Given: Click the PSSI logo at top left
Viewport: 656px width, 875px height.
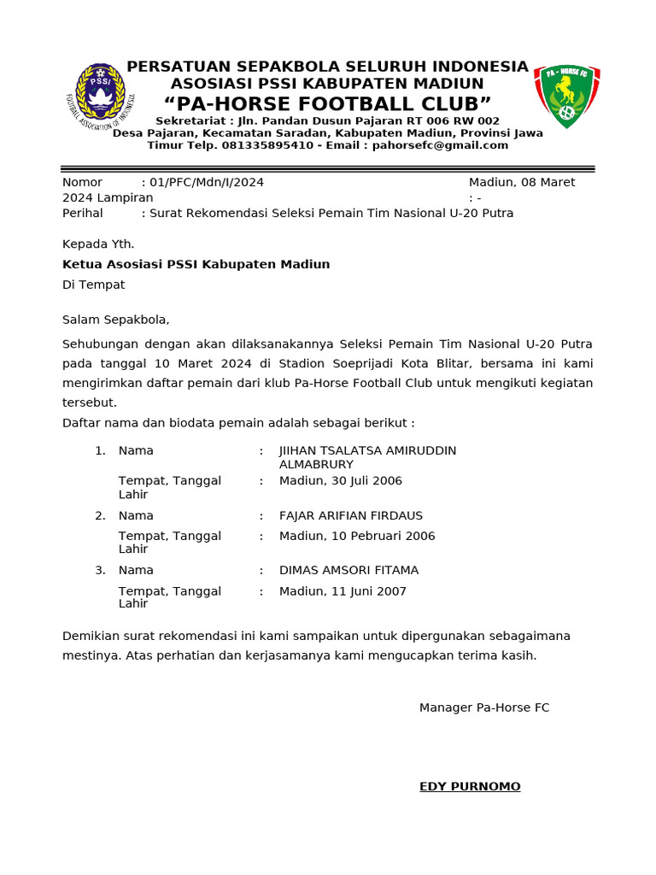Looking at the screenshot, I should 101,97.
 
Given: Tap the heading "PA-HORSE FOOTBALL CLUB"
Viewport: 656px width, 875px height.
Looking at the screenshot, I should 327,104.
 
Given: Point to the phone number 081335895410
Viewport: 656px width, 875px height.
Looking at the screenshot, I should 271,145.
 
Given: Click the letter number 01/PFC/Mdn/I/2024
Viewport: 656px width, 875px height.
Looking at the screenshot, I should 207,182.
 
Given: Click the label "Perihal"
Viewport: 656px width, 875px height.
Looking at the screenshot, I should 82,213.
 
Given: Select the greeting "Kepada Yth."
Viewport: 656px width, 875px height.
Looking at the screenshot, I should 98,244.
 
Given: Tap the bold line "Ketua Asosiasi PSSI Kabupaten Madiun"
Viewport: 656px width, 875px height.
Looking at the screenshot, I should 196,264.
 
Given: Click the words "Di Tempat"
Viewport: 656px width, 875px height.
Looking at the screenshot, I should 93,285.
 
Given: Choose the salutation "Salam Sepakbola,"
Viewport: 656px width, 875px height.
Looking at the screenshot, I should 116,320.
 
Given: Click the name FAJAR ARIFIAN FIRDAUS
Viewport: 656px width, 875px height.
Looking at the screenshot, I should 351,515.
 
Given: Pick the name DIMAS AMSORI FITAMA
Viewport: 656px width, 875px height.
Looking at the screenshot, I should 348,570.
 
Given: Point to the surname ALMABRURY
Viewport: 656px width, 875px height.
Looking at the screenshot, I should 316,464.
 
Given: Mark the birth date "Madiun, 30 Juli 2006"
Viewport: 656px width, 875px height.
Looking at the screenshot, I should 340,481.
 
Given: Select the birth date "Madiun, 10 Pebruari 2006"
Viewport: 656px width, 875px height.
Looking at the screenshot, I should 357,536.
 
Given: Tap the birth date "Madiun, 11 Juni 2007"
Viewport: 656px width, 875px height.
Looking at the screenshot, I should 343,591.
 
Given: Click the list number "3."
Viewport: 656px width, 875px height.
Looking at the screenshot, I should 100,570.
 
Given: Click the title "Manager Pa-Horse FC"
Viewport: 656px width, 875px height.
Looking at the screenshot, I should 484,708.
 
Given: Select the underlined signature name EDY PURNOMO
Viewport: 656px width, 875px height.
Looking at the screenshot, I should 470,786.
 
